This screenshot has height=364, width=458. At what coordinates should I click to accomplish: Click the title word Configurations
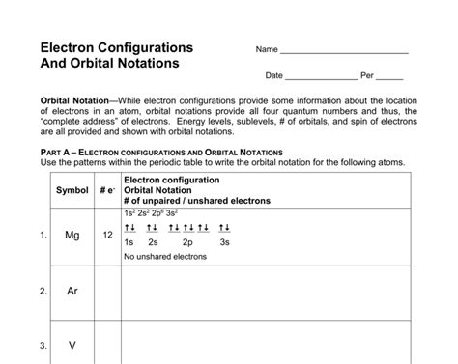pos(145,47)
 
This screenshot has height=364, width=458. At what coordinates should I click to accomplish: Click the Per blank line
pos(389,76)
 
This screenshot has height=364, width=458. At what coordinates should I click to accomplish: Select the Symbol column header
pos(72,189)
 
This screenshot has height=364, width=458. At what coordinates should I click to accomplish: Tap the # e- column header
pos(107,189)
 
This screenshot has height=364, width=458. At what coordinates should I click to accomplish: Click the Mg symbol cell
pos(72,235)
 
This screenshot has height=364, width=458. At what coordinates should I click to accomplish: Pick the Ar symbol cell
pos(72,290)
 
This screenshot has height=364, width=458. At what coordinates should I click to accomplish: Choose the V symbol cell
pos(72,345)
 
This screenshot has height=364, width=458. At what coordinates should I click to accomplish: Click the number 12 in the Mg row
pos(107,235)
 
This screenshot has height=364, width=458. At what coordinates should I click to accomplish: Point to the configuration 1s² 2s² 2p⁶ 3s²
pos(151,212)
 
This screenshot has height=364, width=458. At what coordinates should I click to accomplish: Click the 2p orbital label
pos(188,242)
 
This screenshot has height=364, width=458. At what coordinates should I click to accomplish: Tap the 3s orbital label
pos(224,242)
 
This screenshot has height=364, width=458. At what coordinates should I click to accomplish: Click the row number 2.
pos(43,290)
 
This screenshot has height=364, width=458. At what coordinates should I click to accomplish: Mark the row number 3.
pos(43,345)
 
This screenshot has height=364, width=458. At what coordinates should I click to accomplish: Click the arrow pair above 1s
pos(130,228)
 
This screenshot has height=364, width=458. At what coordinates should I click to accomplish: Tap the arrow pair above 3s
pos(224,228)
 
